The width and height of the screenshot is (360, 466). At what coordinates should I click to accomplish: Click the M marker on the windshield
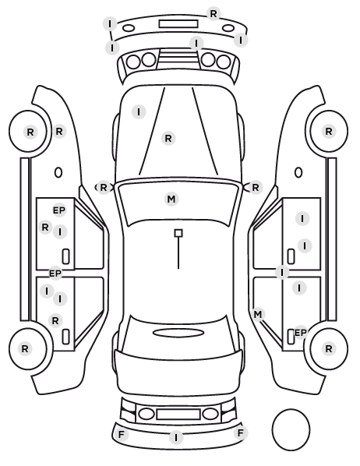coord(171,199)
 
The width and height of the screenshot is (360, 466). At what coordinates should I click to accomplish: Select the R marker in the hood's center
coord(168,139)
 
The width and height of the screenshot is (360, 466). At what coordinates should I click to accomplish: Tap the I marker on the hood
coord(139,112)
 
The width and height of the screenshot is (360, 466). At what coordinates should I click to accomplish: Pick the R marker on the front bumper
coord(214,14)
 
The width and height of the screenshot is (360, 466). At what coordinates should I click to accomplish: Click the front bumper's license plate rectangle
coord(178,24)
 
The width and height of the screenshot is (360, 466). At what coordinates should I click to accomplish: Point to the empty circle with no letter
coord(291,429)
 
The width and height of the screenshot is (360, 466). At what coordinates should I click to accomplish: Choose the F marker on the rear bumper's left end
coord(121,435)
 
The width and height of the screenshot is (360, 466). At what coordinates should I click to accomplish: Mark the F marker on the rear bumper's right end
coord(241,432)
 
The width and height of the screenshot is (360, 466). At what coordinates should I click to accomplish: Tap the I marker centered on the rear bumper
coord(176,438)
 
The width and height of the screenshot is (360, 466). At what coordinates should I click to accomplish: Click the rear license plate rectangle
coord(178,414)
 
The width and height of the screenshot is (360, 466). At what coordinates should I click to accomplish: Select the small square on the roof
coord(178,233)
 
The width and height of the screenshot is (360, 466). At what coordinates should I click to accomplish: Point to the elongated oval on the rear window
coord(178,333)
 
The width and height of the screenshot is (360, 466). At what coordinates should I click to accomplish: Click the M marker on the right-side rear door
coord(258,314)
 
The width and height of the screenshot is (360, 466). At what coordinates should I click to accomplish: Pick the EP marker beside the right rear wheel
coord(300,333)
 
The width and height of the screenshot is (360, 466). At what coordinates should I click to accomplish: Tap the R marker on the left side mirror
coord(104,188)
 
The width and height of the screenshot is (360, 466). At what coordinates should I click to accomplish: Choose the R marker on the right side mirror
coord(256,188)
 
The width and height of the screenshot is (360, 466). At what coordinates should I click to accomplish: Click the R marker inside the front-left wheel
coord(30,132)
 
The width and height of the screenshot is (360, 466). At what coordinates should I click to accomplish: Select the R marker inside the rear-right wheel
coord(329,348)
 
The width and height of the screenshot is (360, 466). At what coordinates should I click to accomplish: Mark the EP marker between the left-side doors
coord(55,274)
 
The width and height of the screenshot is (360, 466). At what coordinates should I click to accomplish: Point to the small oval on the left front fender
coord(58,172)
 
